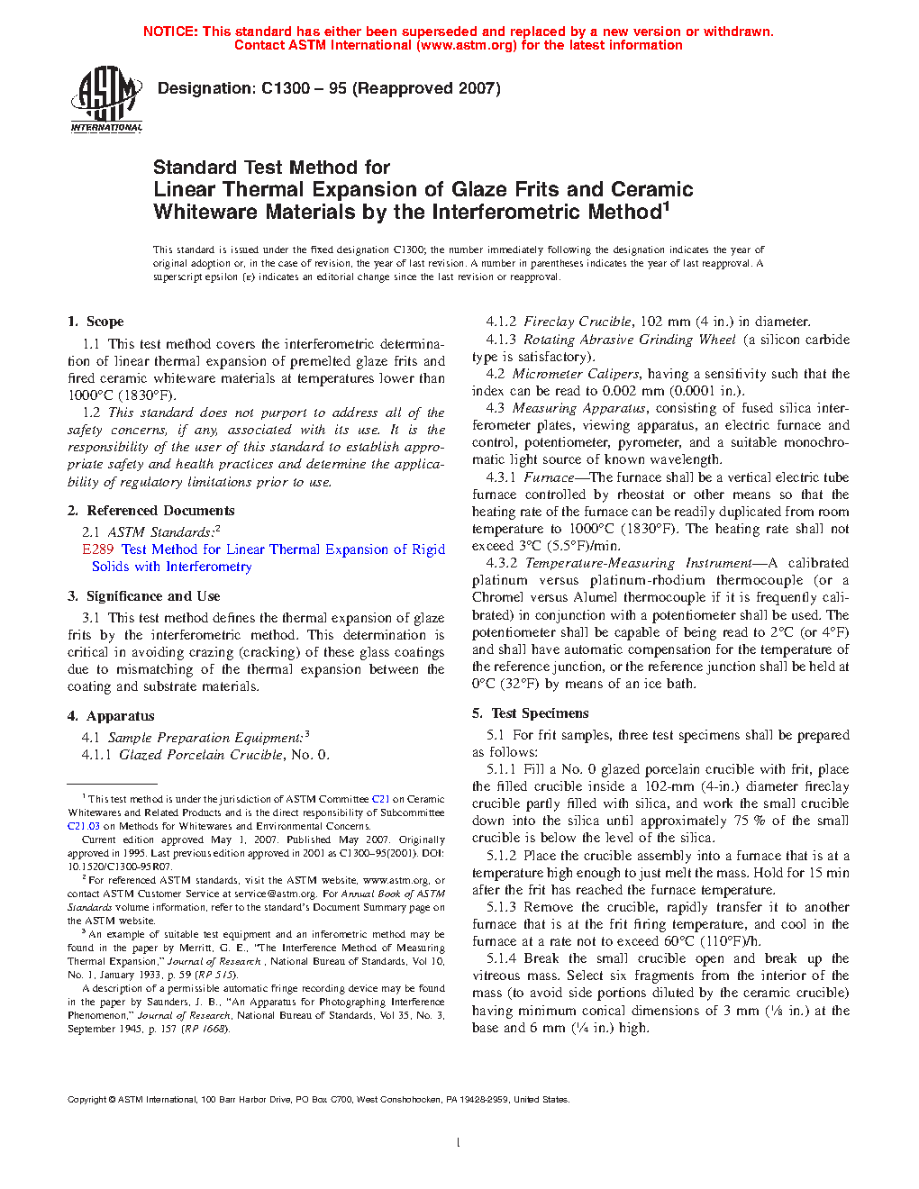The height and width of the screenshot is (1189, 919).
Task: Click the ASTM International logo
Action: click(x=106, y=99)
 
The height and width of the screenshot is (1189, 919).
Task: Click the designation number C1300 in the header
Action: click(x=286, y=88)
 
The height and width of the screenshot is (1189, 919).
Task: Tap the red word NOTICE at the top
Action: click(x=170, y=32)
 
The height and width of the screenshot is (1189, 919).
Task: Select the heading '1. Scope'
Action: click(x=96, y=322)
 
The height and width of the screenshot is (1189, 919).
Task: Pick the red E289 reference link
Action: click(x=97, y=549)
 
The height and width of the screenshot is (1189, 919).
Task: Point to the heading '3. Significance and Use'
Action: click(x=143, y=596)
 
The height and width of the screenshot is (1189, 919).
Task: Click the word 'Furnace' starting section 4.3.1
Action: click(x=549, y=477)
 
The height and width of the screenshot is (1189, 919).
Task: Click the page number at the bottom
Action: click(x=459, y=1143)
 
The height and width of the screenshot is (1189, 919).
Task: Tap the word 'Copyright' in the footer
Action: click(x=87, y=1099)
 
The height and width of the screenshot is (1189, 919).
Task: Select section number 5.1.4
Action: click(x=502, y=958)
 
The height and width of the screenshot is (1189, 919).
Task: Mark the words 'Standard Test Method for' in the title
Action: click(x=271, y=168)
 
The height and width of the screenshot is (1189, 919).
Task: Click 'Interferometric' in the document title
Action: click(x=494, y=213)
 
